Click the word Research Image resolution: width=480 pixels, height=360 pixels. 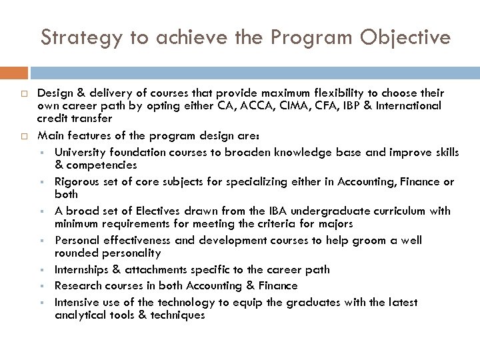point(77,286)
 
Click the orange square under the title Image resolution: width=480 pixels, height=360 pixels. point(13,73)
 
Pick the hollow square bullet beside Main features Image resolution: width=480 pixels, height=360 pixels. point(21,136)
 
